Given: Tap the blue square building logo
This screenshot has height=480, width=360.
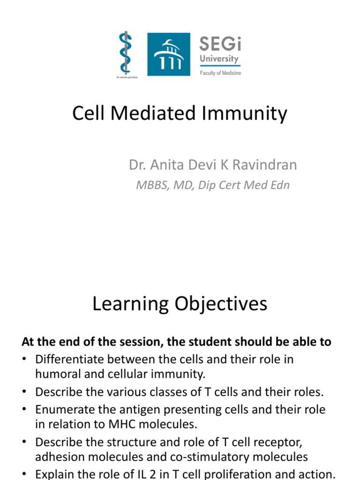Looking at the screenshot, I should (169, 54).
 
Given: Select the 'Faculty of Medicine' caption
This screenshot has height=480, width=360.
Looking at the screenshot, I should (220, 74).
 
